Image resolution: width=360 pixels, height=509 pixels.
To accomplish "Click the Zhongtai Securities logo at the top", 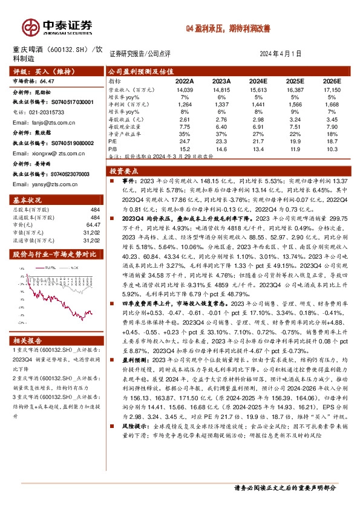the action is [57, 26].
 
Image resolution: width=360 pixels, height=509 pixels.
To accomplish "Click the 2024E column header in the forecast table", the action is [258, 80].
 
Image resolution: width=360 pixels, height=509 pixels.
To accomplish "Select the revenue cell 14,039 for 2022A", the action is [184, 89].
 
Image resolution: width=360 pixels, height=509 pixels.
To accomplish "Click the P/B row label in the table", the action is [113, 147].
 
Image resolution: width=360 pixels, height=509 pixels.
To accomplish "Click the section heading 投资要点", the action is [125, 172].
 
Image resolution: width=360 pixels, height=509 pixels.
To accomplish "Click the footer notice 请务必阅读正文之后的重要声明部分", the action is [284, 487].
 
